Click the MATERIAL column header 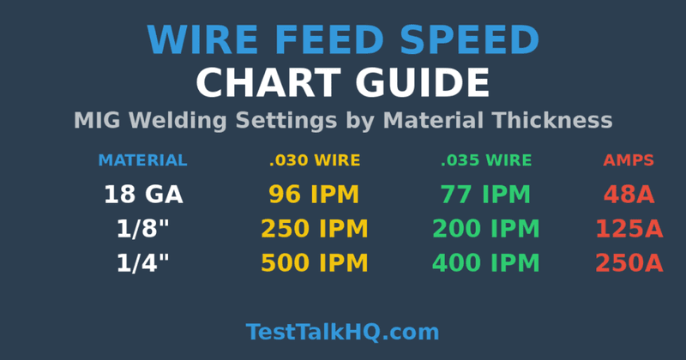(x=142, y=160)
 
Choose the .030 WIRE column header (x=315, y=160)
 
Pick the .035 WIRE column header (x=486, y=160)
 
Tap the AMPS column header (x=629, y=160)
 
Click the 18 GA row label (x=143, y=195)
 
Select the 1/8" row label (x=143, y=229)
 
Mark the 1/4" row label (x=143, y=263)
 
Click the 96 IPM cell (x=314, y=195)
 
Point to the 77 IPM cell (x=485, y=195)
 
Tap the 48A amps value (x=629, y=195)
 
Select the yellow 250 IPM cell (x=314, y=229)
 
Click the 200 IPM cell (x=485, y=229)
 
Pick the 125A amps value (x=629, y=229)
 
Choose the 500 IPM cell (x=314, y=263)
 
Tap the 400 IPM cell (x=485, y=263)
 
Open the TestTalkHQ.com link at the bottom (x=342, y=332)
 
